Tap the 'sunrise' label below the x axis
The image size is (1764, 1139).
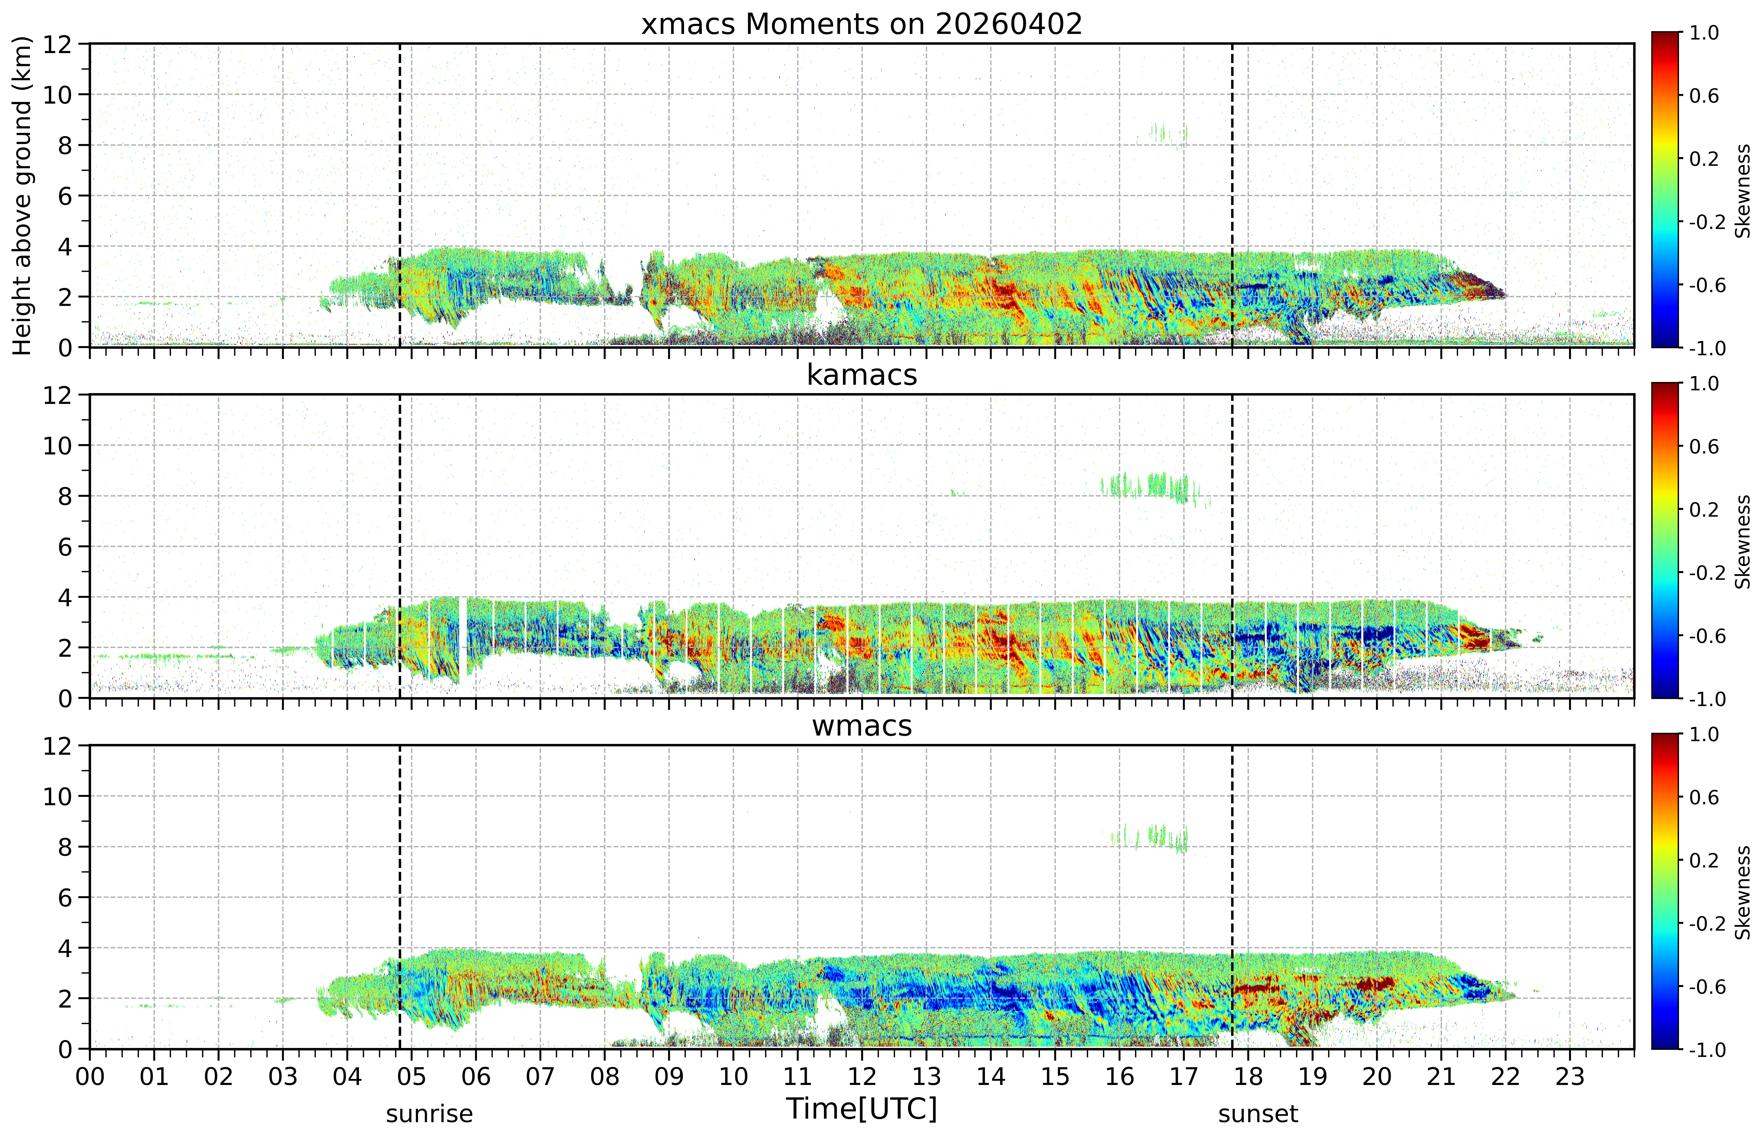tap(429, 1114)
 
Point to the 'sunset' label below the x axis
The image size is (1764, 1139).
tap(1258, 1114)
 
